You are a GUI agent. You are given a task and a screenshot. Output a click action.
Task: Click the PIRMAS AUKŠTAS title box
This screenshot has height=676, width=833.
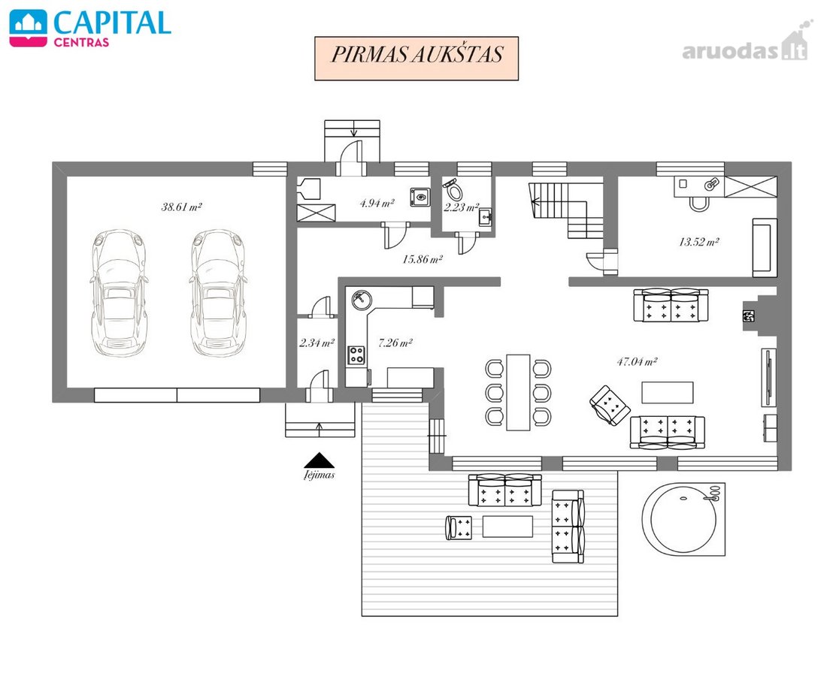pos(416,59)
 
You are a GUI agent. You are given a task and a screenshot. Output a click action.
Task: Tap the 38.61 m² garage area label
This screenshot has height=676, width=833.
pos(182,207)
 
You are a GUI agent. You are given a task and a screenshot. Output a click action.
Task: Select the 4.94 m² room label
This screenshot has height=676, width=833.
pos(377,203)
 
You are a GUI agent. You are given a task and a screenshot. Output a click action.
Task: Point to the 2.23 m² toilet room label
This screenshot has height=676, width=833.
pos(462,207)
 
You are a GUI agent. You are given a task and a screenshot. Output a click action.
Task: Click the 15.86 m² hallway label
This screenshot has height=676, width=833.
pos(423,259)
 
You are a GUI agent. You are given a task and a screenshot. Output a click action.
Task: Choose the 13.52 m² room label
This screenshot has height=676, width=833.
pos(698,242)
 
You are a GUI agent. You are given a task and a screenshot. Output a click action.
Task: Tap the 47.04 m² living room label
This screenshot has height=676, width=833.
pos(637,362)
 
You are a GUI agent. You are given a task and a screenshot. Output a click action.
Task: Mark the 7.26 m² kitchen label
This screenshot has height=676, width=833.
pos(395,343)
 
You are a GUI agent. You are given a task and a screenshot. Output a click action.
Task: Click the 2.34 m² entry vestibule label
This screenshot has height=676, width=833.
pos(317,343)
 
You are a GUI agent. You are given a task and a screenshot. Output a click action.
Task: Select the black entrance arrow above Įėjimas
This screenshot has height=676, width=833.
pos(319,460)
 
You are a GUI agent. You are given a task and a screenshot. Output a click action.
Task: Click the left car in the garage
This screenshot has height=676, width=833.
pos(119,293)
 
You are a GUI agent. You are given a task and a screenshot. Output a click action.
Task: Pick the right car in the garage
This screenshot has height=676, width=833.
pos(218,293)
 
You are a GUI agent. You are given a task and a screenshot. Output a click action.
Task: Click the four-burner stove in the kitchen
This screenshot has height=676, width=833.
pos(356,355)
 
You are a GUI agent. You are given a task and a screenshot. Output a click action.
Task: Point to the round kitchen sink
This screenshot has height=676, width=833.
pos(362,299)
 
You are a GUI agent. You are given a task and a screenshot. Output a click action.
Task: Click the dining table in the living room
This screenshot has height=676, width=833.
pos(518,392)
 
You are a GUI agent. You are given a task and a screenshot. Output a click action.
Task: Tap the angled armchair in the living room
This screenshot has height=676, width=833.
pos(610,406)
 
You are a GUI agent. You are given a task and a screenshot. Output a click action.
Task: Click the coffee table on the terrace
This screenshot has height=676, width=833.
pos(507,527)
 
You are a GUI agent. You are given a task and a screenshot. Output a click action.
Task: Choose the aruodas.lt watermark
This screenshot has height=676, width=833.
pos(745,45)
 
